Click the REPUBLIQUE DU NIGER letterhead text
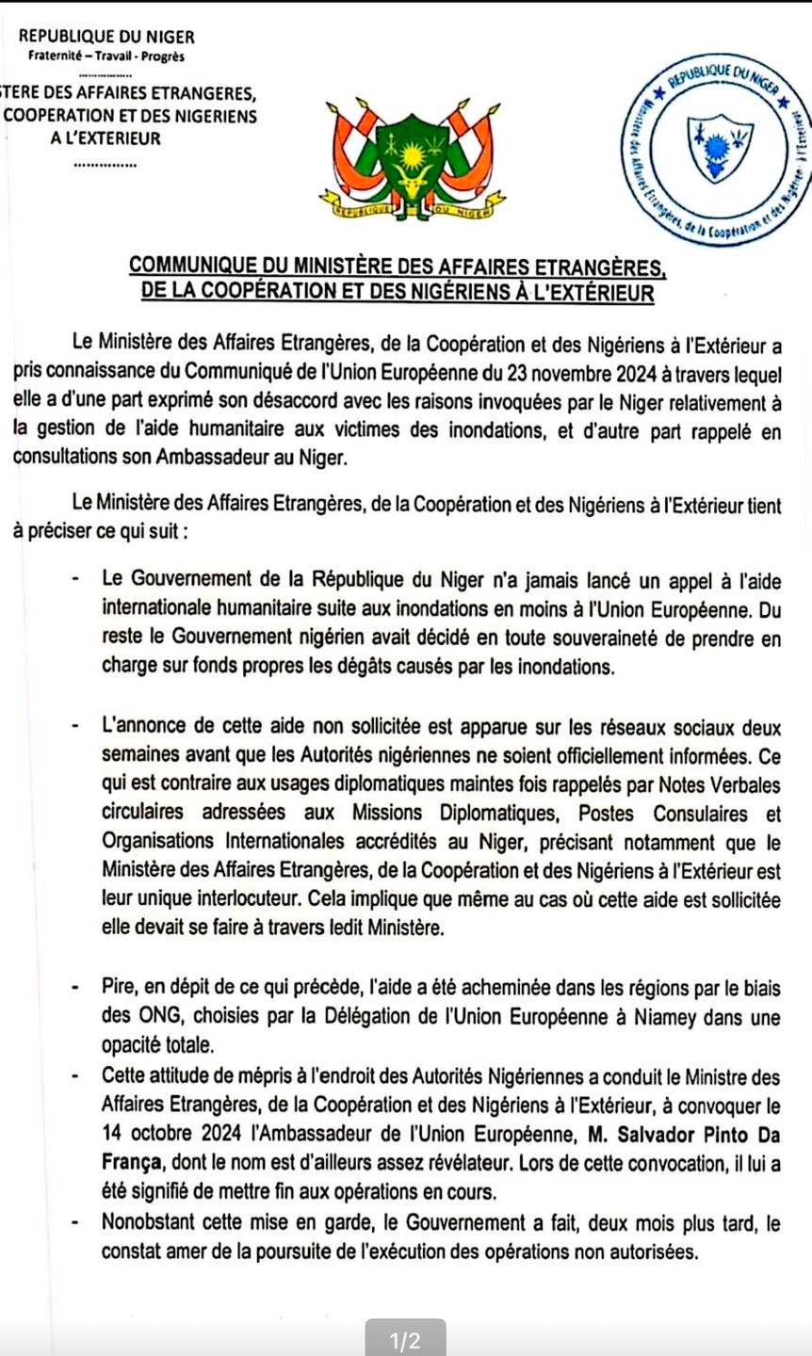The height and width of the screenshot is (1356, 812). click(107, 37)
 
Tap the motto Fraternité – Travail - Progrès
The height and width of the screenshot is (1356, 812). click(106, 56)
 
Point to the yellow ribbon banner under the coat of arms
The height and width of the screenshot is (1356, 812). click(412, 200)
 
